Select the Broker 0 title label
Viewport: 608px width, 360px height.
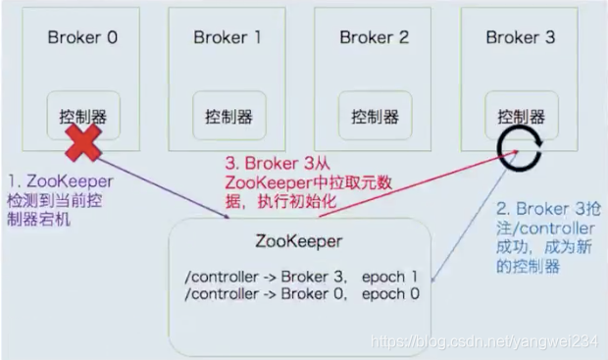point(82,38)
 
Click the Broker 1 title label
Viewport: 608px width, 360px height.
point(228,38)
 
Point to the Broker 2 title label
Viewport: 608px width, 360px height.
point(374,38)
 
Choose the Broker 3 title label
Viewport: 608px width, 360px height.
point(520,38)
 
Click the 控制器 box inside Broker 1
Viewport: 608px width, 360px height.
point(228,116)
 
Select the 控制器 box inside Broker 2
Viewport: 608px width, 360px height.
point(375,116)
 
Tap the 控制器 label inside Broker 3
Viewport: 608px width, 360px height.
point(521,116)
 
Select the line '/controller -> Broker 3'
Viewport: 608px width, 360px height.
point(254,277)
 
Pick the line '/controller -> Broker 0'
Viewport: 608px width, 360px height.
point(254,293)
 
